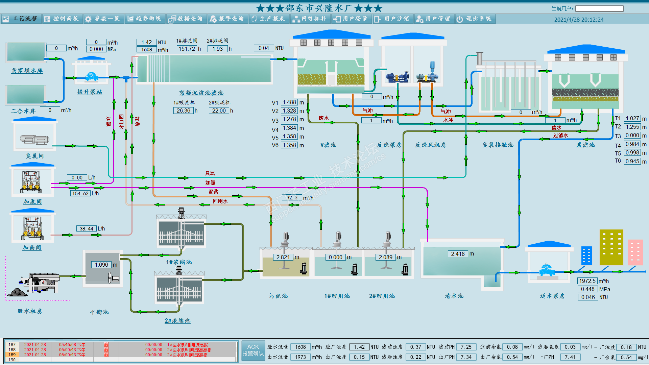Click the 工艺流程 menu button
click(21, 19)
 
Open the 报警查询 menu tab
click(227, 19)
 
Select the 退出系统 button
click(475, 19)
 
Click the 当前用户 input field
click(599, 8)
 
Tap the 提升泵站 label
click(89, 92)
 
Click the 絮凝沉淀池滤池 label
click(201, 93)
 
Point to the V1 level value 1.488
click(289, 102)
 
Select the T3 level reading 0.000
click(632, 136)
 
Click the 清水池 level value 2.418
click(458, 254)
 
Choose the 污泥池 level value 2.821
click(283, 257)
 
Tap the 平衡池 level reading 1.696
click(101, 265)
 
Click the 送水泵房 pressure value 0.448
click(587, 289)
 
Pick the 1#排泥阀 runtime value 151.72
click(187, 49)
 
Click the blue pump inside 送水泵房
click(546, 270)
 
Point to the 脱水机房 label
click(30, 311)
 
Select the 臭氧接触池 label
click(498, 145)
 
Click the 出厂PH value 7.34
click(466, 357)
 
